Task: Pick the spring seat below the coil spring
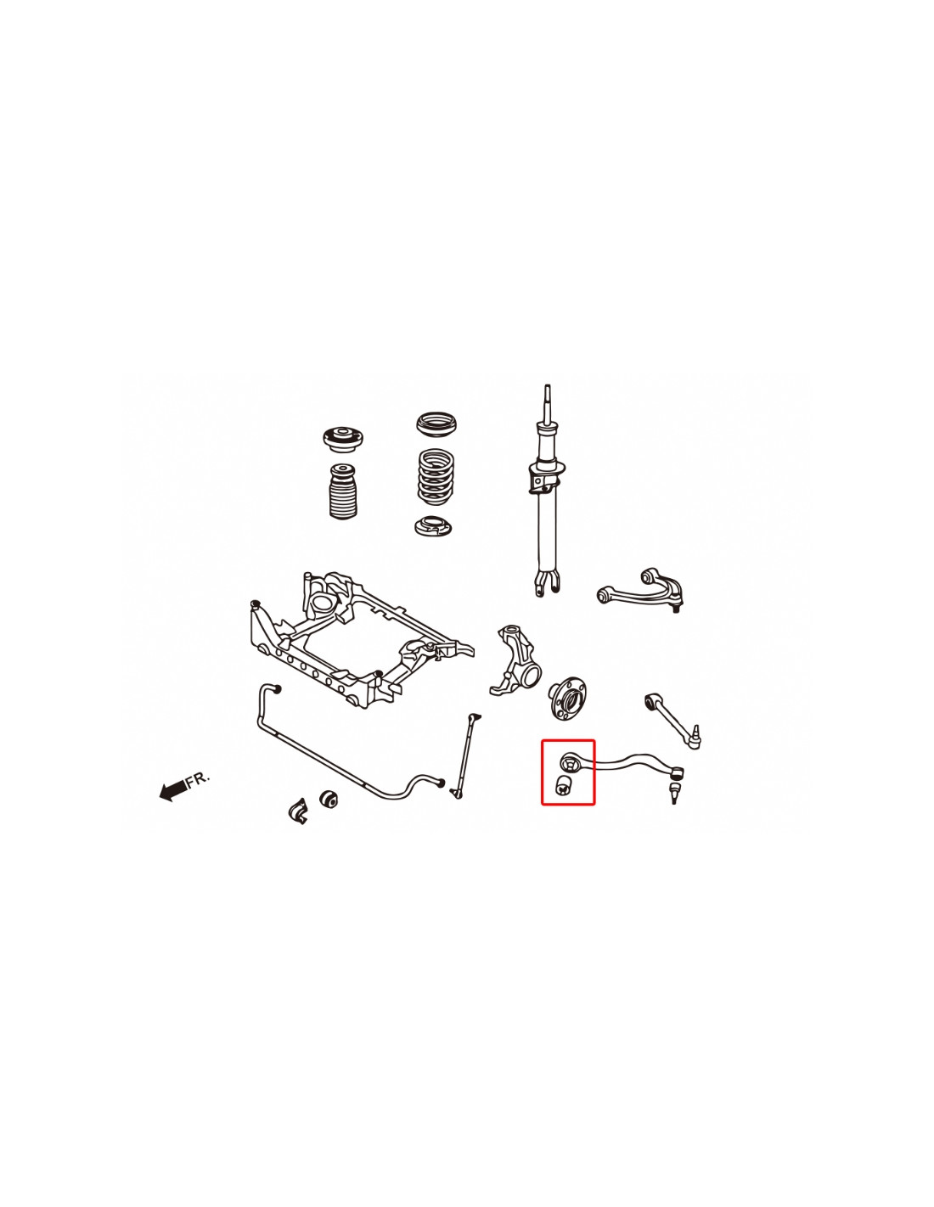[432, 525]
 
